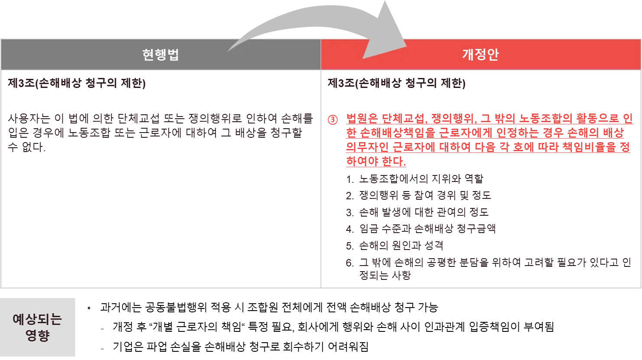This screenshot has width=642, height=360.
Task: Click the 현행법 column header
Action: [x=160, y=55]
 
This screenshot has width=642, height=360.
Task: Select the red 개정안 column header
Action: [x=480, y=55]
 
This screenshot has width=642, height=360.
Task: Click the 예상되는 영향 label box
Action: [x=38, y=327]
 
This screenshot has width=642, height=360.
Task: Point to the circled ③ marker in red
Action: [x=332, y=120]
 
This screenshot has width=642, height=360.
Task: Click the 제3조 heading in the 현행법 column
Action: [x=76, y=83]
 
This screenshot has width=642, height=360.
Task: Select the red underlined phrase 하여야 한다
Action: [x=375, y=162]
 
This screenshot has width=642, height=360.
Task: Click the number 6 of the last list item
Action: [x=348, y=263]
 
